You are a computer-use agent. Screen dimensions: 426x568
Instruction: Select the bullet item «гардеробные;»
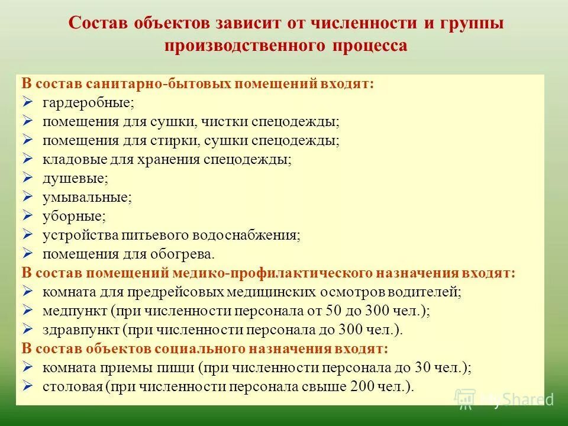point(88,102)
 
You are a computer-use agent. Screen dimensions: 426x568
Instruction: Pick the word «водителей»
point(425,292)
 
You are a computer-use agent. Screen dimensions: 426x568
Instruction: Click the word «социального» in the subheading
point(188,348)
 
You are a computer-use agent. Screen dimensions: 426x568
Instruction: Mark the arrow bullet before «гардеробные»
point(27,102)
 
